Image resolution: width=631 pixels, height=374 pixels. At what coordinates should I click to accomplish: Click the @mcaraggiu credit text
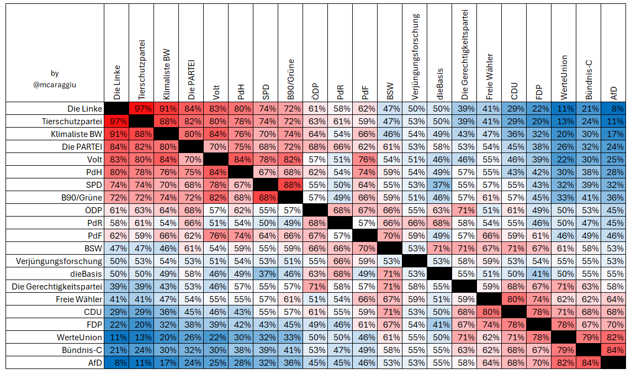(x=55, y=85)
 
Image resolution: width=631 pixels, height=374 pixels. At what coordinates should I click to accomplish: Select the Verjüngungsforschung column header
(x=415, y=57)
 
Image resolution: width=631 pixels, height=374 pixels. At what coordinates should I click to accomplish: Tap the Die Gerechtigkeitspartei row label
(x=57, y=287)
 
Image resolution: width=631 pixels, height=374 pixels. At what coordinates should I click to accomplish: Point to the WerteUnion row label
(x=79, y=338)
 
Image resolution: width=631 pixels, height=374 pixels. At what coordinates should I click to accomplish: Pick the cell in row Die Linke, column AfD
(x=613, y=109)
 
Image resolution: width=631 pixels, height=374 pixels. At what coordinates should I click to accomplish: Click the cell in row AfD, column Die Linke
(x=116, y=363)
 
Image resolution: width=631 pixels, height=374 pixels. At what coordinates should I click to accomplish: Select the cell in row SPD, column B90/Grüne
(x=290, y=185)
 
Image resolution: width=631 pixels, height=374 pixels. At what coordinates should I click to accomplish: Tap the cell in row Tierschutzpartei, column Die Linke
(x=116, y=121)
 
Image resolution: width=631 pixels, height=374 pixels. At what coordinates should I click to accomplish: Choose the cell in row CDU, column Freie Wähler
(x=489, y=312)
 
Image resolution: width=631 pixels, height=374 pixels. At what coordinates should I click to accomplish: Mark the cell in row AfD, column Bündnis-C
(x=588, y=363)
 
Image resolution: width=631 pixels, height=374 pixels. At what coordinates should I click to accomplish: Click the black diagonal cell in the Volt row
(x=216, y=160)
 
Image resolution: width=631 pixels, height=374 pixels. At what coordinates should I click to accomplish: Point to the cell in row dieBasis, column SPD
(x=266, y=274)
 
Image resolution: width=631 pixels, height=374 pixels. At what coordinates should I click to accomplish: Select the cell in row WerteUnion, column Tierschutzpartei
(x=141, y=338)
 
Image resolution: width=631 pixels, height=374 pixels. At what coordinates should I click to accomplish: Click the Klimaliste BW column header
(x=167, y=75)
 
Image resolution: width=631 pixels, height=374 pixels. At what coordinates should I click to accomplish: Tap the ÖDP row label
(x=94, y=210)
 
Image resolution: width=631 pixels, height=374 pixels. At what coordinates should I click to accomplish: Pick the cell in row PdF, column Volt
(x=216, y=235)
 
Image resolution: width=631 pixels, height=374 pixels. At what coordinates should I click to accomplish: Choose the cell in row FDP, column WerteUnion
(x=564, y=324)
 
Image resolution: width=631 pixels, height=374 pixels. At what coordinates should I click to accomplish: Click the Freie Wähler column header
(x=489, y=77)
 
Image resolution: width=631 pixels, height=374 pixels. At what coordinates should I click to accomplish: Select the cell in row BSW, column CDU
(x=514, y=249)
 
